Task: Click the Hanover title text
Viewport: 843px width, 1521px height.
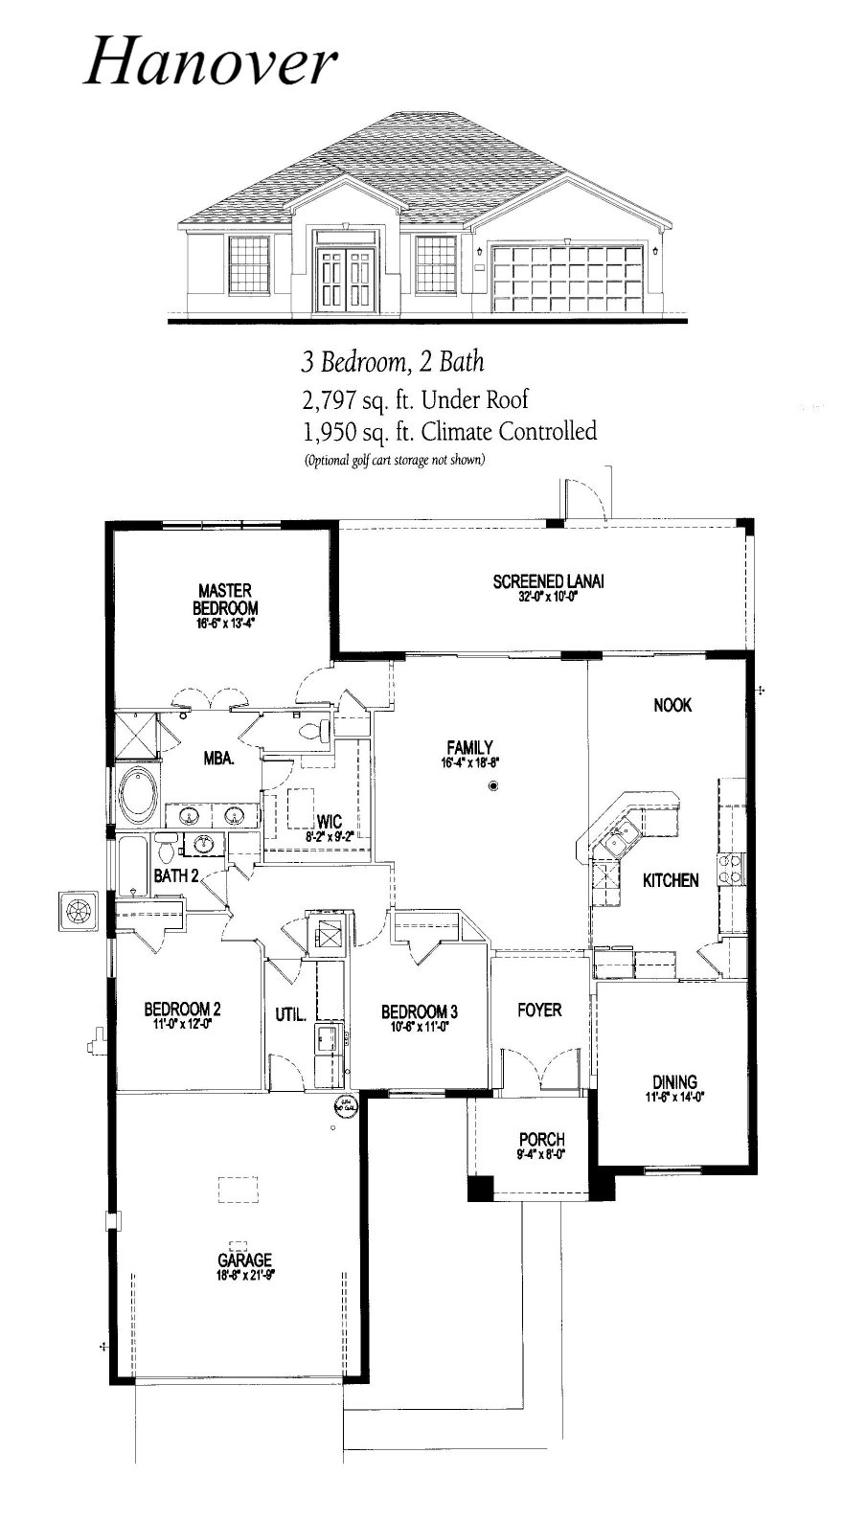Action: coord(211,63)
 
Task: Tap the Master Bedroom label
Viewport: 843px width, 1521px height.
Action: coord(225,600)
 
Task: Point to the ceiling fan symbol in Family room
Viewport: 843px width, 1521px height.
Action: coord(494,786)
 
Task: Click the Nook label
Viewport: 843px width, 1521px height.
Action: coord(672,705)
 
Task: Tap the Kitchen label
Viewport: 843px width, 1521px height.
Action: coord(670,880)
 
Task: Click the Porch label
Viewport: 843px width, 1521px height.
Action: coord(541,1140)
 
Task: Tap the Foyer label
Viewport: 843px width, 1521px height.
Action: coord(539,1010)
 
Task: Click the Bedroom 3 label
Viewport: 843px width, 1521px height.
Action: coord(419,1011)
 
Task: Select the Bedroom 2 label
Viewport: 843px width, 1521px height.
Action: coord(182,1009)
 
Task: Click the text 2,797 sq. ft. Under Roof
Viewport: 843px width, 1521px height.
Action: coord(414,398)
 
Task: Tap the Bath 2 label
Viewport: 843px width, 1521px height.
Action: coord(176,874)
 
